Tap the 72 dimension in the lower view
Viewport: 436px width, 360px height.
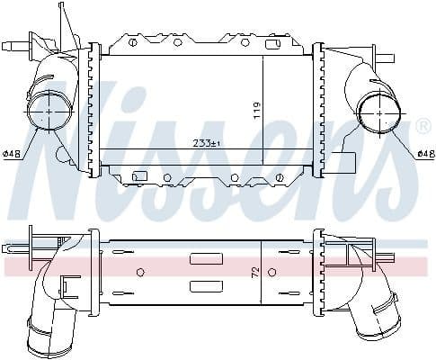point(257,271)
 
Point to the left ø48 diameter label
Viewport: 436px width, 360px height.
point(13,154)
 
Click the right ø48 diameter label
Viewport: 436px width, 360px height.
point(425,154)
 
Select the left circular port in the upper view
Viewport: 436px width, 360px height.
point(49,112)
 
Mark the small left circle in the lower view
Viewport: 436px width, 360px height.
point(139,271)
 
